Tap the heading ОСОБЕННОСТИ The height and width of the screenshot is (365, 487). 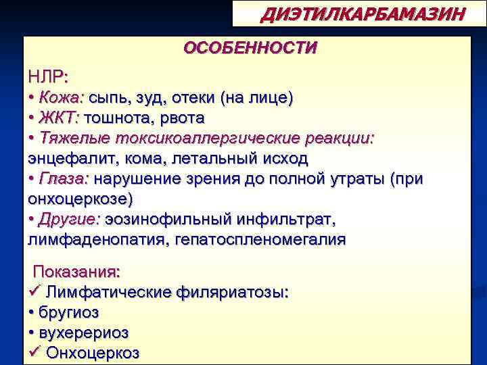coord(250,49)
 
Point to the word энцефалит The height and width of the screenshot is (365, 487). coord(69,158)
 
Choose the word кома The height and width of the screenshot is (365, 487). coord(139,158)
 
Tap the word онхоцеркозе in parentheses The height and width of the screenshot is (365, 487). coord(79,199)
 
